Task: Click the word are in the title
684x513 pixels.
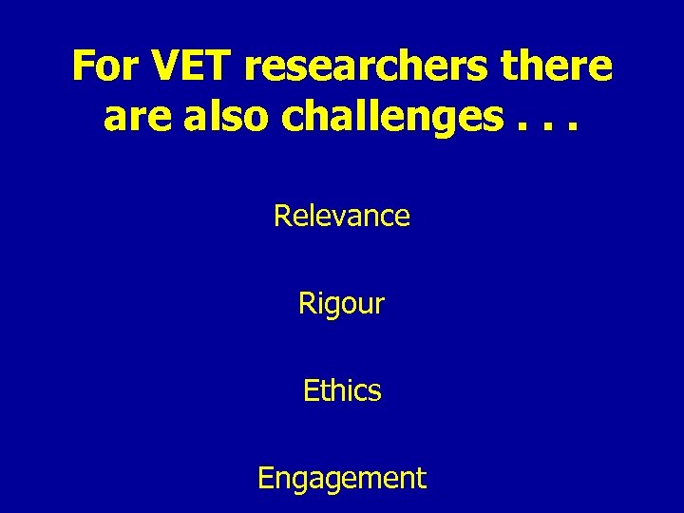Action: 133,118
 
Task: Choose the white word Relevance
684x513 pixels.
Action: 342,217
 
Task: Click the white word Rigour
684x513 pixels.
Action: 342,305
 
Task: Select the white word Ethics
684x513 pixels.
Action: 342,391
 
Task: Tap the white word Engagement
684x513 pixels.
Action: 342,479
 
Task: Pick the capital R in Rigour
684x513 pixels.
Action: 307,304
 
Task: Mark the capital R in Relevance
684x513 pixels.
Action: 282,217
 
